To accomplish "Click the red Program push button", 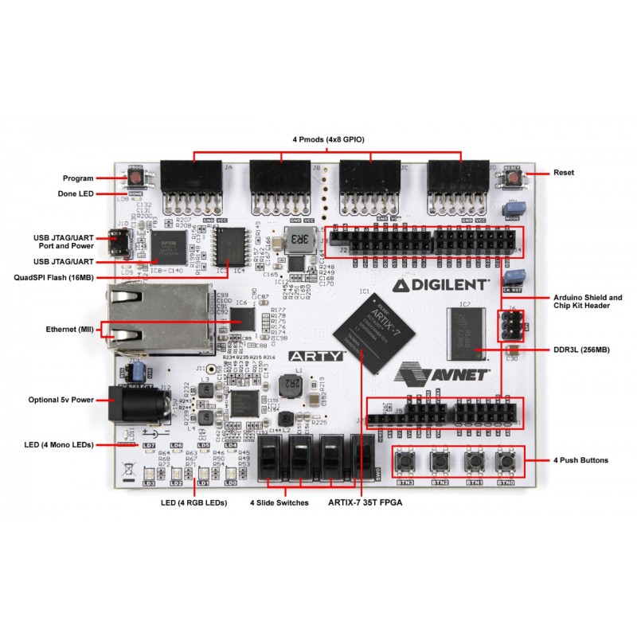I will coord(135,178).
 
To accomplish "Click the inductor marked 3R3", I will coord(299,241).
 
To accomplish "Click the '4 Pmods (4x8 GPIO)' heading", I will coord(328,140).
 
